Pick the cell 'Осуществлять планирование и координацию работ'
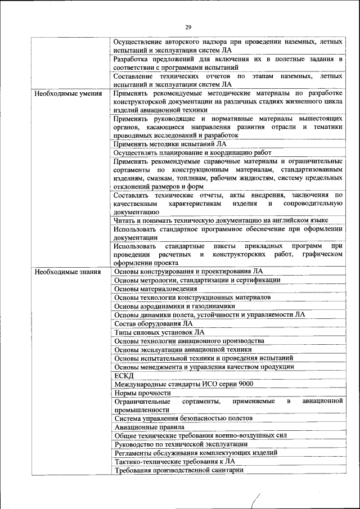[192, 153]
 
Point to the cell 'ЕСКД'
[124, 376]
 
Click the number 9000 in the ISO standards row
[244, 384]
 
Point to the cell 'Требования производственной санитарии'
[178, 471]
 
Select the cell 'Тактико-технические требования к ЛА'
[174, 462]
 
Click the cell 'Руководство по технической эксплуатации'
[181, 444]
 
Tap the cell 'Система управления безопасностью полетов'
[183, 418]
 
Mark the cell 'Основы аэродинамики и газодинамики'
[174, 306]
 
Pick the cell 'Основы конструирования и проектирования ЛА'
[188, 272]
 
